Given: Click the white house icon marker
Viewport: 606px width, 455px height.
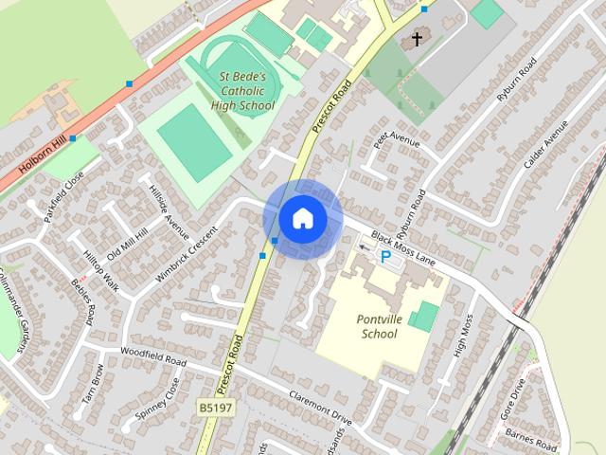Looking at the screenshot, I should pos(302,219).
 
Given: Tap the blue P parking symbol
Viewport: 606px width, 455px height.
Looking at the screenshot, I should pos(385,255).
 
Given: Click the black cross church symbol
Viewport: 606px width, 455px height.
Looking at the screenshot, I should pos(416,40).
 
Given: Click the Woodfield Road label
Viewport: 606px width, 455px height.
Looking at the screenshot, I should pos(151,356).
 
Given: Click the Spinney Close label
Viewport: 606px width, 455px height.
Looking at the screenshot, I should pos(157,401).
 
